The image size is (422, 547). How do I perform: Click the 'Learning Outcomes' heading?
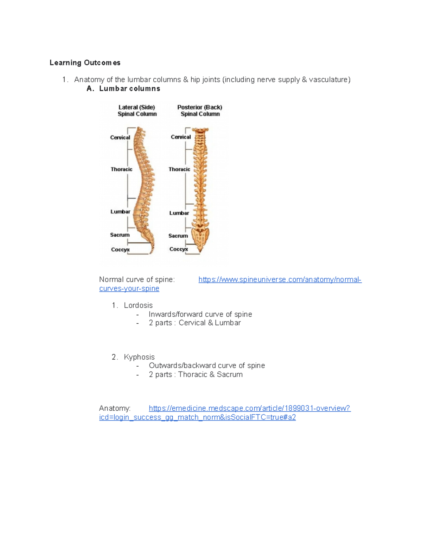85,63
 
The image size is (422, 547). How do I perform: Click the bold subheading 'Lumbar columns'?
129,89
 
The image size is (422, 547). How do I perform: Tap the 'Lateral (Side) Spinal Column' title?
137,111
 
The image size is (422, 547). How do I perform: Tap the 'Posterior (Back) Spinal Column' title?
200,111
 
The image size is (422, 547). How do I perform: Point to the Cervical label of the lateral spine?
120,137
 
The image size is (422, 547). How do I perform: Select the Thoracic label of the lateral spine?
121,169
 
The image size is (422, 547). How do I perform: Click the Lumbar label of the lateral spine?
120,212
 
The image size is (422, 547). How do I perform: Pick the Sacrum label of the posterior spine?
178,236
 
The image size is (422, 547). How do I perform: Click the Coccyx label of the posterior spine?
179,249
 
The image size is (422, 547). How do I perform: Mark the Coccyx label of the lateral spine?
120,249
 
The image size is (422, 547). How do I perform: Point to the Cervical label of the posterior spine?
181,137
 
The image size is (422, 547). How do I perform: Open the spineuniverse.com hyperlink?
280,280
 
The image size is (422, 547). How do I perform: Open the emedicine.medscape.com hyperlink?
249,408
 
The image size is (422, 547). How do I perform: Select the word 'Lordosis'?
138,305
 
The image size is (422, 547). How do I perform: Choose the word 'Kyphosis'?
139,357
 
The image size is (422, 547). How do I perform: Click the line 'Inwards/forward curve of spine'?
200,314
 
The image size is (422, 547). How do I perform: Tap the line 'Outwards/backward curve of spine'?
207,366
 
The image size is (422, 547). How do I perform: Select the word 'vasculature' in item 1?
328,80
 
